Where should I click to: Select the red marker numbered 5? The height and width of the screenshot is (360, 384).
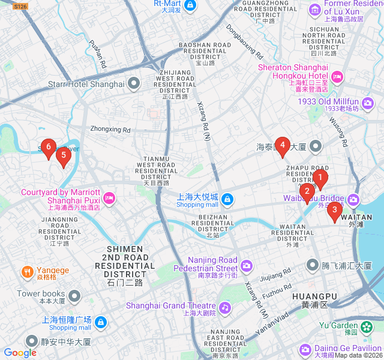click(64, 155)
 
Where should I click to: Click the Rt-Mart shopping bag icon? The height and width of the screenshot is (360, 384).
click(190, 6)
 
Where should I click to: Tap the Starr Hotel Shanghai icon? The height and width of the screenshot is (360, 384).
click(134, 84)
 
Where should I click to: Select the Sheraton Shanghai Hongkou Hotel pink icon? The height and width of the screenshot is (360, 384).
click(337, 76)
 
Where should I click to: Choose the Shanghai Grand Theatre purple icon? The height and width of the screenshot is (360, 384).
click(225, 308)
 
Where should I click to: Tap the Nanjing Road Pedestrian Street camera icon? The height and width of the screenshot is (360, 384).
click(247, 265)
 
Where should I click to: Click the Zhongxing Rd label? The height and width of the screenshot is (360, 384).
click(110, 130)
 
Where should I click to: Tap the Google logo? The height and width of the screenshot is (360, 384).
click(20, 353)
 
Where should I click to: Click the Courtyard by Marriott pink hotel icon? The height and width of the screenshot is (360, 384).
click(109, 197)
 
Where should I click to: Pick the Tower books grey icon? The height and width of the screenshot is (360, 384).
click(74, 295)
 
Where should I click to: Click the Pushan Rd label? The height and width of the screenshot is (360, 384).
click(97, 54)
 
